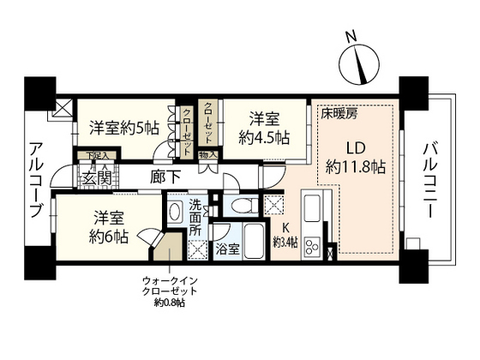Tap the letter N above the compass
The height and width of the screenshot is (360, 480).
[x=350, y=36]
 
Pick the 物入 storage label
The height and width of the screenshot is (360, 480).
[x=207, y=155]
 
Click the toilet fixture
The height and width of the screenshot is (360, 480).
[x=243, y=206]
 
